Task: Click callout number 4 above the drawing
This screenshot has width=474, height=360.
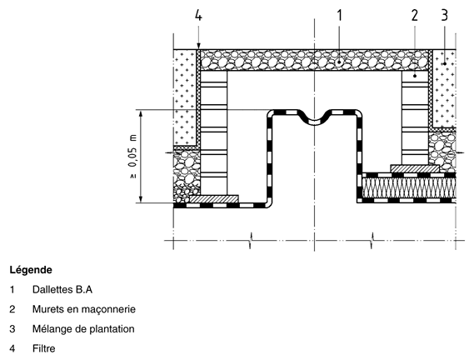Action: pos(198,15)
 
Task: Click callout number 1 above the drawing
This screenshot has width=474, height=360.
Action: pos(339,15)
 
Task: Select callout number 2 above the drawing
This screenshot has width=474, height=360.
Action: pos(414,15)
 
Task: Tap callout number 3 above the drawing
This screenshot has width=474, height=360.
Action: pos(444,15)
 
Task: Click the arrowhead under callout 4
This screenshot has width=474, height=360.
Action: pos(198,46)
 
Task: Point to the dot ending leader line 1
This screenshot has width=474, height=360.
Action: pos(339,62)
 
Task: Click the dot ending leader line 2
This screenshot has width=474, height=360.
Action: pos(415,76)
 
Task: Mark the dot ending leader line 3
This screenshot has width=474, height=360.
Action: pos(444,63)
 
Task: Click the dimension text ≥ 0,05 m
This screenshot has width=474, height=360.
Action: pos(132,157)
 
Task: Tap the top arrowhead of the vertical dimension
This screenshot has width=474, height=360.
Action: pos(141,114)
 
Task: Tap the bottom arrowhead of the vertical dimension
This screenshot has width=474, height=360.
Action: pos(141,198)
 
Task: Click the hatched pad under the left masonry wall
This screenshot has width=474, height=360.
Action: pos(214,199)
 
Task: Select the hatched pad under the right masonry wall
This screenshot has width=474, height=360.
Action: pos(415,168)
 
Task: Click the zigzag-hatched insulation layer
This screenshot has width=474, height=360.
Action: pos(409,187)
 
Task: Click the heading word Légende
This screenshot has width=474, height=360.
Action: pos(31,270)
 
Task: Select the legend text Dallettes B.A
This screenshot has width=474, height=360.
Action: pos(62,289)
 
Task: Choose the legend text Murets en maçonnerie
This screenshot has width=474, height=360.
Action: pos(84,309)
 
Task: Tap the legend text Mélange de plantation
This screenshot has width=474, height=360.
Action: pos(83,329)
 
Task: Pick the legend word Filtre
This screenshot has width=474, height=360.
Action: pos(44,348)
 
